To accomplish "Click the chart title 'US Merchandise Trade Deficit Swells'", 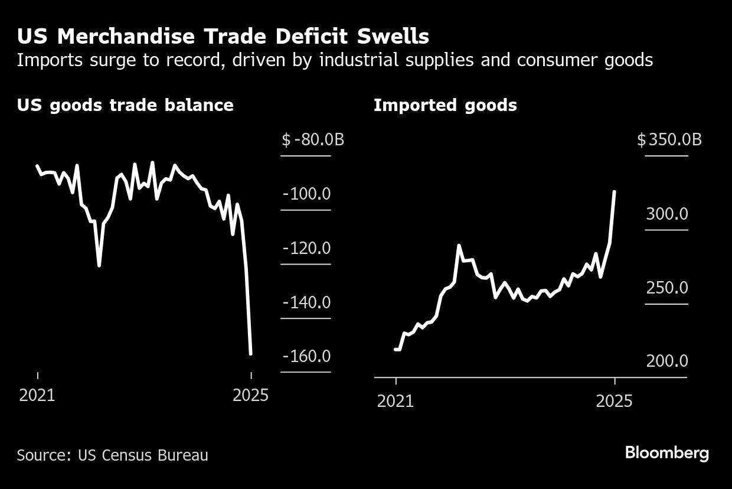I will point(223,37).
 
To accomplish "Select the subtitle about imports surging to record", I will point(335,60).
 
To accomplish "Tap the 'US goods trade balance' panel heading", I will point(125,105).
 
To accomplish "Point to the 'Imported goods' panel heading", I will point(445,105).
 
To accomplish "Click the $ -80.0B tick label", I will point(313,140).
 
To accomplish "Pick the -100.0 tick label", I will point(306,194).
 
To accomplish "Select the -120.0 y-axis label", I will point(306,248).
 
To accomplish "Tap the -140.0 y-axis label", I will point(306,302).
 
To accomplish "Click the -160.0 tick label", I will point(306,357).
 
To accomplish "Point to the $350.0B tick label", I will point(669,140).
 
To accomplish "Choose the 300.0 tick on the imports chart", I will point(667,214).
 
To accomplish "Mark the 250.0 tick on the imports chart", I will point(667,288).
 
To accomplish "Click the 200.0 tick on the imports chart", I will point(667,361).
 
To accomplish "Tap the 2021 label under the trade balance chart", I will point(37,395).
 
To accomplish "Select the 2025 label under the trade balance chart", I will point(251,395).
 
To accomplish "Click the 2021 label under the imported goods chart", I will point(396,402).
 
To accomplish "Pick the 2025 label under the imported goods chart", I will point(615,402).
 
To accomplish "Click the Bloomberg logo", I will point(666,454).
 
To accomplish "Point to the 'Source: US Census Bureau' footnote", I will point(112,455).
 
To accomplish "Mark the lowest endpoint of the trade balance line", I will point(251,354).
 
